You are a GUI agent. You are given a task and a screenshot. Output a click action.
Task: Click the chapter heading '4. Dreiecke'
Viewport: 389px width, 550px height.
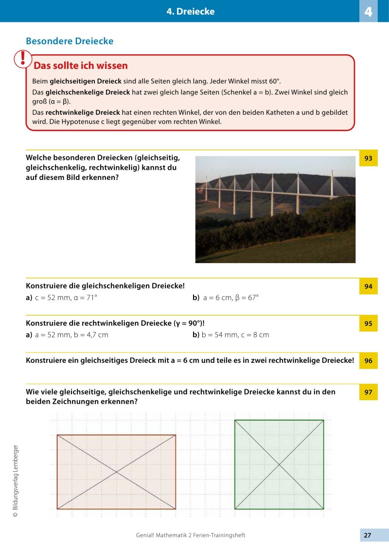[190, 11]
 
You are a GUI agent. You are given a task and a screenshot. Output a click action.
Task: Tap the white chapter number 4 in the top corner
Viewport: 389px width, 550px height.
[368, 12]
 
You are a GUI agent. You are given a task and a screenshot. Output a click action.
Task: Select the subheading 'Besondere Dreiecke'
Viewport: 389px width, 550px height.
[70, 41]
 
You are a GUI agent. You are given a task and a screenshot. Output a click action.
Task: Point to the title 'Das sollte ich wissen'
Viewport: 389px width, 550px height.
[81, 66]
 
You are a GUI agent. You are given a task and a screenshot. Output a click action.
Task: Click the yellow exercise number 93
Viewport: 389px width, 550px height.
[368, 158]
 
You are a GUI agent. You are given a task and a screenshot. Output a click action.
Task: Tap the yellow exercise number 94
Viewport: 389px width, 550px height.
[368, 286]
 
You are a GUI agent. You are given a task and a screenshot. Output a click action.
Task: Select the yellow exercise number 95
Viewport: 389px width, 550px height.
[368, 323]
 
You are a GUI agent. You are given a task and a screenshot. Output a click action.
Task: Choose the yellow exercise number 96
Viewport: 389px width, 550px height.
[368, 361]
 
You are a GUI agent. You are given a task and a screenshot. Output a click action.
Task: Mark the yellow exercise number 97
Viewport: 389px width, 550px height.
[368, 392]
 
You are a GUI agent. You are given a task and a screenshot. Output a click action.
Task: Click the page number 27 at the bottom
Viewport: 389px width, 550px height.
[368, 535]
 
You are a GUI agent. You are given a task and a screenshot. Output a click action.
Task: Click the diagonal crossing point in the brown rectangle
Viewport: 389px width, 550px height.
[116, 472]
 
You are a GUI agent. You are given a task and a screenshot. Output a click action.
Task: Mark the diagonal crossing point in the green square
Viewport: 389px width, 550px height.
[279, 464]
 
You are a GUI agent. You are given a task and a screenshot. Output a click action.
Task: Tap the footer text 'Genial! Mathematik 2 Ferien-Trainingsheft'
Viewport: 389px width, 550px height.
[191, 535]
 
